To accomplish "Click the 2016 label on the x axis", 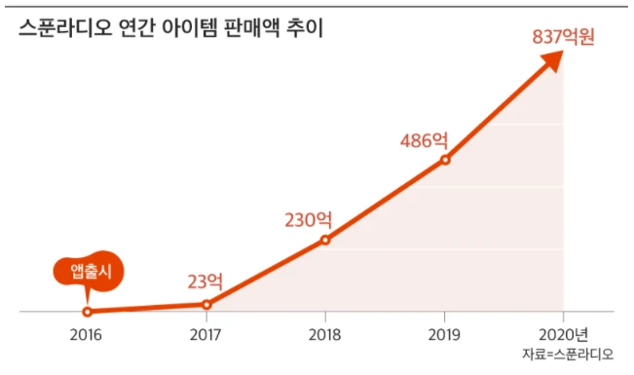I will (x=88, y=335).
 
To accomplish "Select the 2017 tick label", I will (x=206, y=335).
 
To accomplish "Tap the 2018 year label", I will (x=325, y=335).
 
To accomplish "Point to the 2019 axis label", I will (x=444, y=335).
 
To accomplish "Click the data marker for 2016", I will (x=88, y=312).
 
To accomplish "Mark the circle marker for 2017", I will (x=206, y=305).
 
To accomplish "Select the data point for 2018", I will (x=325, y=240).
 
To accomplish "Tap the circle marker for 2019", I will (x=445, y=159).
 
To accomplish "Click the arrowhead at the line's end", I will (x=552, y=60).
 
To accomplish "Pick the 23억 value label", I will (x=205, y=282).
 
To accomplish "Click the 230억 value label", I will (x=314, y=219).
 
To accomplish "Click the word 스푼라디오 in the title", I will (x=62, y=30).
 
